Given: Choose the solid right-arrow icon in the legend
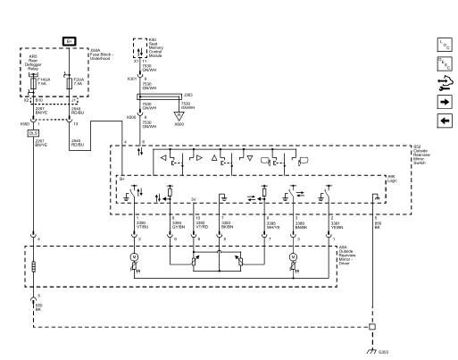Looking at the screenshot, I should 446,101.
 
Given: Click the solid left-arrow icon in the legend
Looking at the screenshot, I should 446,120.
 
